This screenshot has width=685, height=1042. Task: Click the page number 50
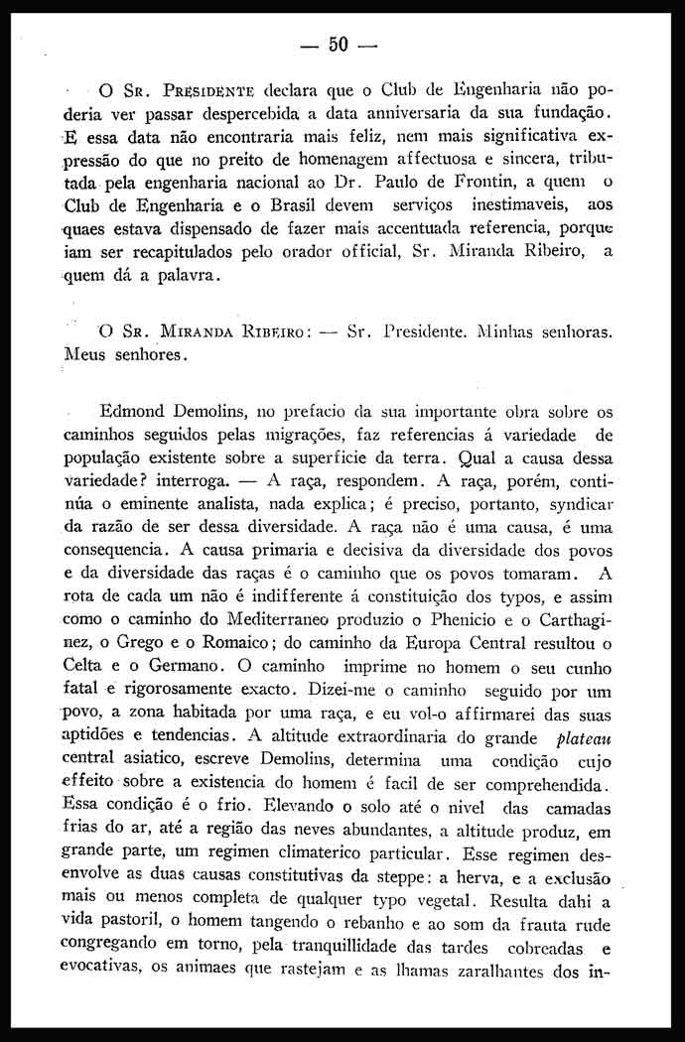pos(342,45)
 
